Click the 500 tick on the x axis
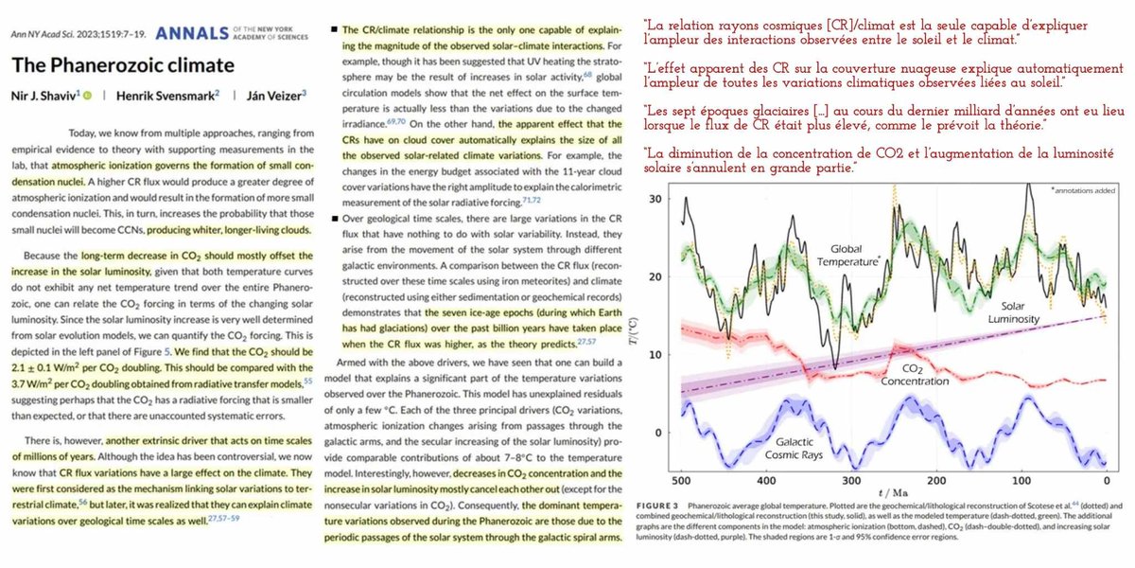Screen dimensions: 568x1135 coord(682,482)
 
